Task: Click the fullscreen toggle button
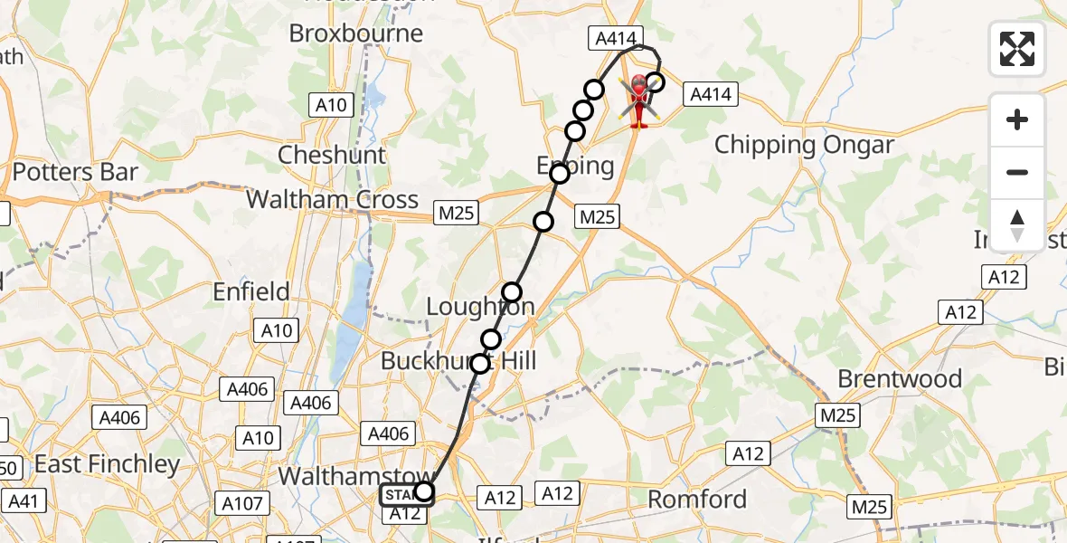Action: [1017, 49]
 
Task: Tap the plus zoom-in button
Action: [1017, 119]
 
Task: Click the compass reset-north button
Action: [1017, 225]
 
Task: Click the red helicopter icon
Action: [639, 100]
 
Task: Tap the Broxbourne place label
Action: [355, 33]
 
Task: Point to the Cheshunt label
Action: [332, 155]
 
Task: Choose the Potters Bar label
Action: [75, 172]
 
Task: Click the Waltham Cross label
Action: [333, 199]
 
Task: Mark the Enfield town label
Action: [250, 291]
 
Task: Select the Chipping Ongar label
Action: [804, 145]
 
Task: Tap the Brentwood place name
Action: [900, 378]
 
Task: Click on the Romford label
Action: [697, 499]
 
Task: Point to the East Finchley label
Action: [107, 464]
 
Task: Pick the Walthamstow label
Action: [354, 476]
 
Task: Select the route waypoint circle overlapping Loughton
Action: [512, 291]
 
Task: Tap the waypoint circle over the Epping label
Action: [560, 174]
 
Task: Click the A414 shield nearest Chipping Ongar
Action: [712, 93]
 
